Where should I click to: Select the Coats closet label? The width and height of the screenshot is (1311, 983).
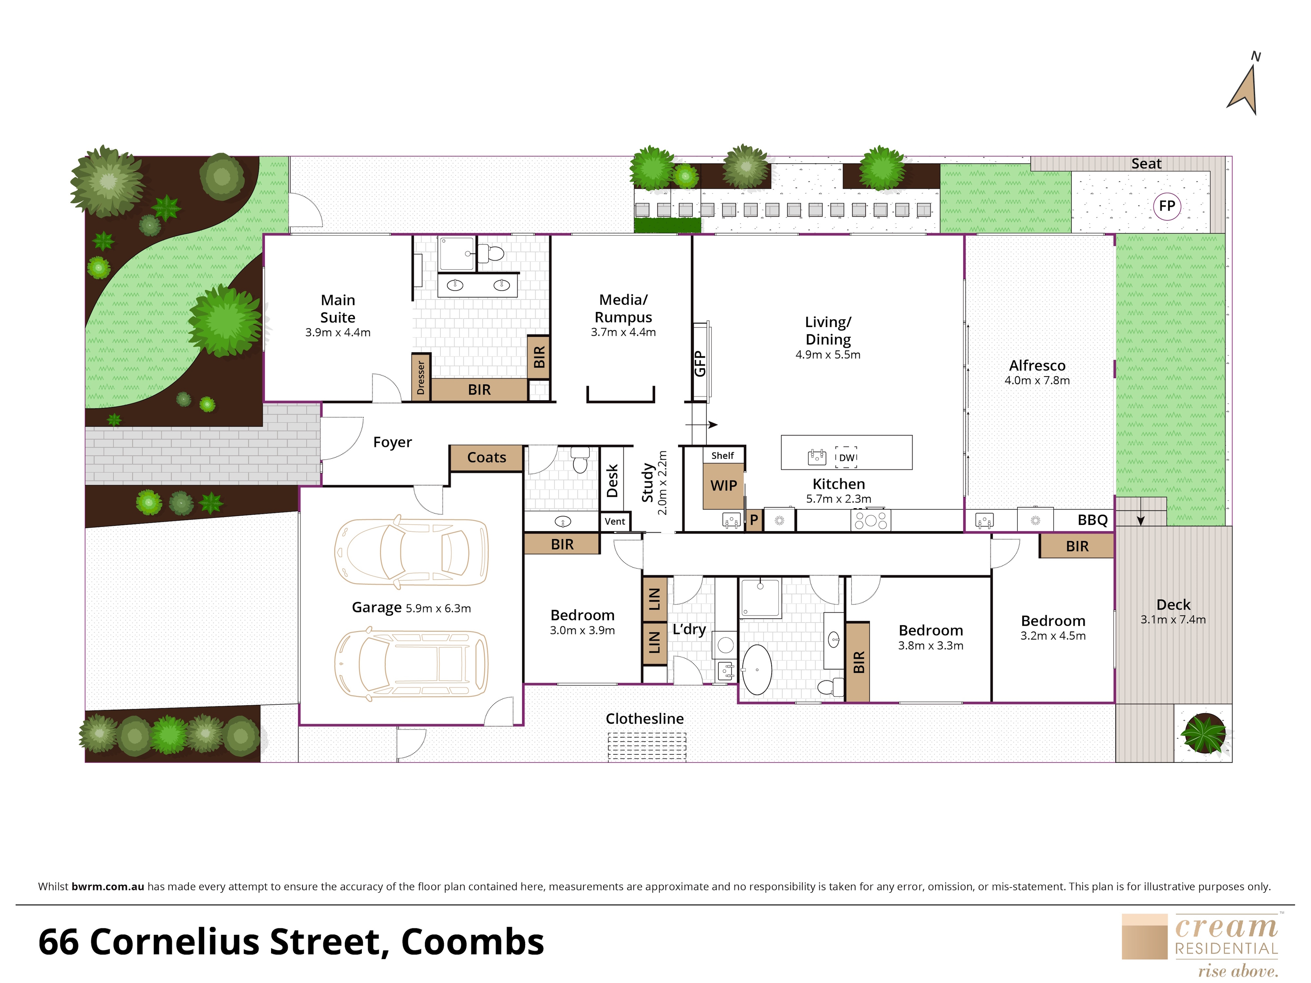[486, 457]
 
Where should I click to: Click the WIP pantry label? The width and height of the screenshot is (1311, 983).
[723, 486]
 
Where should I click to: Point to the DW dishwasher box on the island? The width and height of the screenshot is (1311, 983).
[846, 457]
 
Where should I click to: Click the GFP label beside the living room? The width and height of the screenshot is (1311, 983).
[700, 363]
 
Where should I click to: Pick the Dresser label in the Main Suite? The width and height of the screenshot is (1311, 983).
[421, 377]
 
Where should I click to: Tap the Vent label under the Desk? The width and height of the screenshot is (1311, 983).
[615, 522]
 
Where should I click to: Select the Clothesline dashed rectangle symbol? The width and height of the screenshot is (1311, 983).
[647, 746]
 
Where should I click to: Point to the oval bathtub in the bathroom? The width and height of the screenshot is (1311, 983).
[757, 670]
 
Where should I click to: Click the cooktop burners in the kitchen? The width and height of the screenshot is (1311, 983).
[870, 520]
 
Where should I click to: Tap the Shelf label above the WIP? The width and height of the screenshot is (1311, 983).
[722, 455]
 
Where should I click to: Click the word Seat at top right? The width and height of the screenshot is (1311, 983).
[1146, 163]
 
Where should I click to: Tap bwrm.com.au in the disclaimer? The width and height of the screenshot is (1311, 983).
[108, 886]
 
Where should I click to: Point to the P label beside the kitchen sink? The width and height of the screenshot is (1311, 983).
[754, 520]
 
